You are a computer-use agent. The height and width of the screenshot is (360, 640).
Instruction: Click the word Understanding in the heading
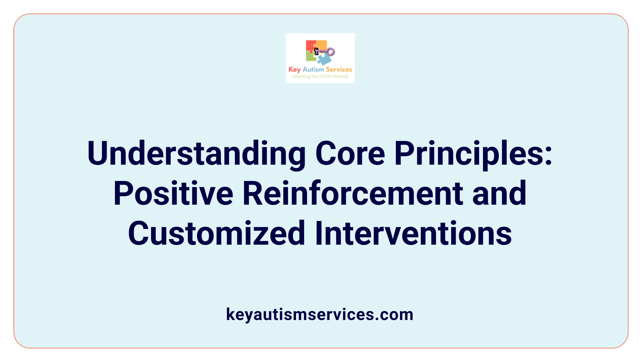point(197,154)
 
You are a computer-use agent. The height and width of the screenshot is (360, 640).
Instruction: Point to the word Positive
point(173,193)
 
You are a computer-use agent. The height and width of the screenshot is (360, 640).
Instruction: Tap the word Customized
point(217,233)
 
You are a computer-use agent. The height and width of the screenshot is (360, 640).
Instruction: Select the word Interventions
point(413,233)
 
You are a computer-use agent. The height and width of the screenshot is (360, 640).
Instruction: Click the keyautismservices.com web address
point(320,314)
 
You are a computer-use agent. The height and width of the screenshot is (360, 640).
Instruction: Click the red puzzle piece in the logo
point(310,46)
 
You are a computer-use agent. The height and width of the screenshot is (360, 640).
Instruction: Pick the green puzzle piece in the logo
point(311,57)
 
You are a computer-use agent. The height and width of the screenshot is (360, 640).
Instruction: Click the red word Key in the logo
point(295,69)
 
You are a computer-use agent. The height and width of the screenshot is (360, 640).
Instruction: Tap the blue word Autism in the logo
point(313,69)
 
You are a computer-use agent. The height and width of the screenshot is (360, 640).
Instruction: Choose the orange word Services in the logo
point(339,69)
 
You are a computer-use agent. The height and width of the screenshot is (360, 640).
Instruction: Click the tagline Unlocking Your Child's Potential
point(320,76)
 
